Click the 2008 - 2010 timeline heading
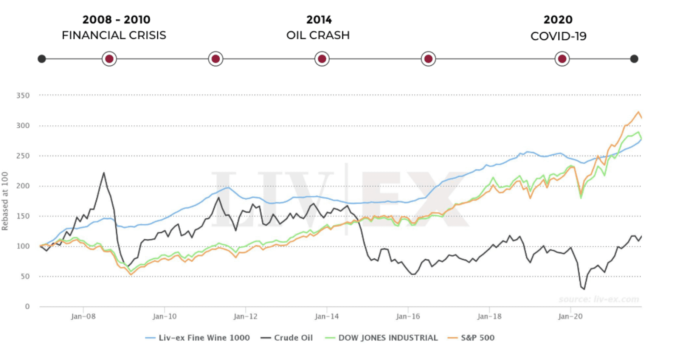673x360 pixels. tap(116, 20)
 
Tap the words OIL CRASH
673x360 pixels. tap(318, 35)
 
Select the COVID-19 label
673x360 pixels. tap(558, 36)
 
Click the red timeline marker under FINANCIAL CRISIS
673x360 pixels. tap(109, 59)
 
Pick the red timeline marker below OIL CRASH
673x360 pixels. tap(322, 59)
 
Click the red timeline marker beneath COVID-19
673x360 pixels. tap(562, 59)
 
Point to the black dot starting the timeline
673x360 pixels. tap(42, 59)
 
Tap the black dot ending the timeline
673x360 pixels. tap(634, 59)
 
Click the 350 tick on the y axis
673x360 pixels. tap(23, 96)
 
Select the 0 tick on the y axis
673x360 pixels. tap(27, 307)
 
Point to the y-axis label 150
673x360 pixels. tap(23, 216)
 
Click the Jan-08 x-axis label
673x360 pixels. tap(83, 317)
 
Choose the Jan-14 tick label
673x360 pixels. tap(327, 317)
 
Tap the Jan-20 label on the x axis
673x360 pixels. tap(570, 317)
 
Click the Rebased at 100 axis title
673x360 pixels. tap(5, 201)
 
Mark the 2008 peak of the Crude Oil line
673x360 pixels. tap(104, 173)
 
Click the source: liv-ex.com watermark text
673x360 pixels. tap(599, 299)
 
